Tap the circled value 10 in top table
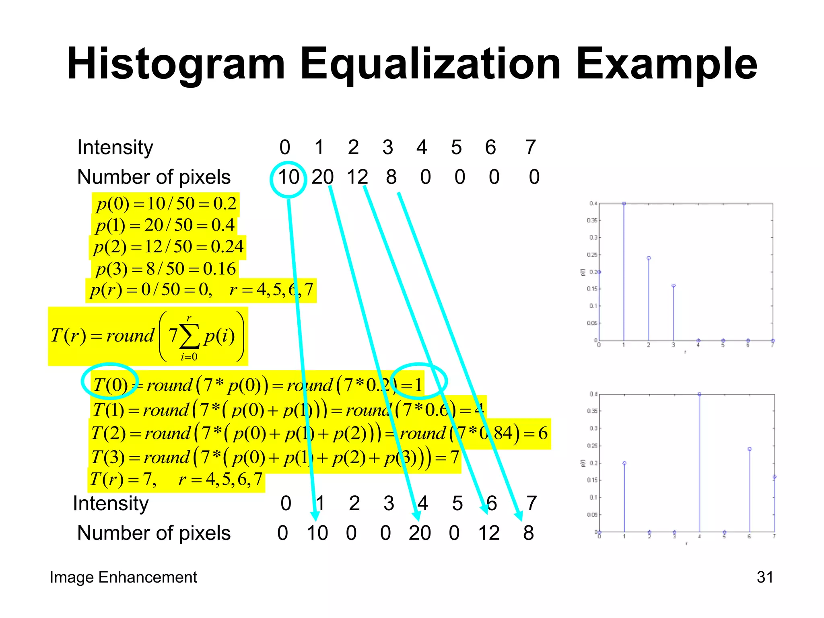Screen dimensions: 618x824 288,177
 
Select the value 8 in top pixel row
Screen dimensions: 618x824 391,177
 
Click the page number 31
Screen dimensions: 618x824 765,577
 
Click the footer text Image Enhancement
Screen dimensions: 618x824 123,577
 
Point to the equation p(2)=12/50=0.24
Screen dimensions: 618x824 168,247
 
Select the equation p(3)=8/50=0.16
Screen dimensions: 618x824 165,269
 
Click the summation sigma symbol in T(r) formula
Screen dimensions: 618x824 189,337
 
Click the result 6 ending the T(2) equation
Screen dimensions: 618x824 543,433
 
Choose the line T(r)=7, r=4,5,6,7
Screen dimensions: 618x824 176,479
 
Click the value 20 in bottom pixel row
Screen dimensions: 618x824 420,533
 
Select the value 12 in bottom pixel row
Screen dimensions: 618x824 489,533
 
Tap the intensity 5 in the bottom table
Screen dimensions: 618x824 457,503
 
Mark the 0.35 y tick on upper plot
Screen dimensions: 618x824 592,220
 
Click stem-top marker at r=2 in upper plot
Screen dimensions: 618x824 649,258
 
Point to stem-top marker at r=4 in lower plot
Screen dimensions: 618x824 699,394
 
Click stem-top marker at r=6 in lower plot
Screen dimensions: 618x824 750,449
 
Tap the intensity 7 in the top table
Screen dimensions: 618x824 531,147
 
